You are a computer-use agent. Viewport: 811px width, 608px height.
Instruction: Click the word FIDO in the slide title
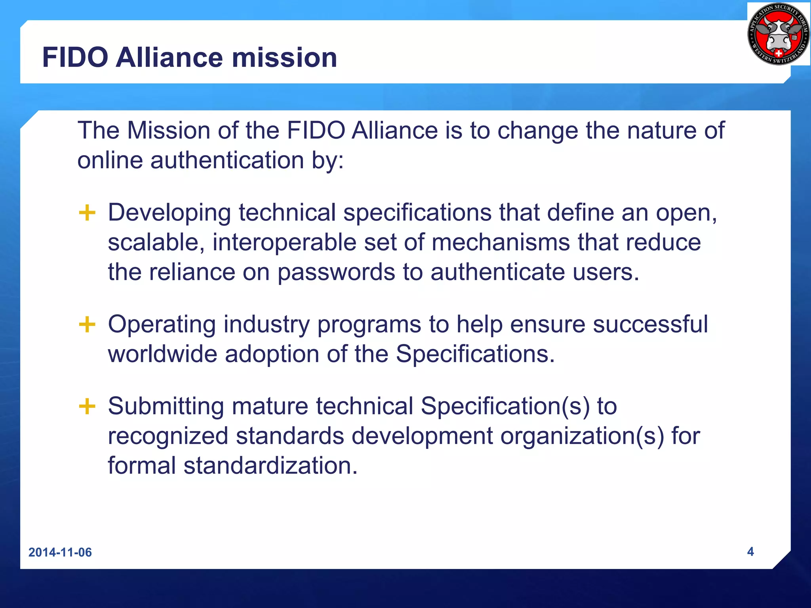point(75,58)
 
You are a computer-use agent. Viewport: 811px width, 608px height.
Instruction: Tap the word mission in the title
point(284,58)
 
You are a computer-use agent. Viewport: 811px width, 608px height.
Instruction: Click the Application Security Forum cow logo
point(778,34)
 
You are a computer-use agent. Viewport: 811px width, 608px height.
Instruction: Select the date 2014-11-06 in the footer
point(60,552)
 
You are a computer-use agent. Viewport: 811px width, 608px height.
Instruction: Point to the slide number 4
point(750,551)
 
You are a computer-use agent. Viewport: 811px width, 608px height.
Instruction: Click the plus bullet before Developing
point(87,213)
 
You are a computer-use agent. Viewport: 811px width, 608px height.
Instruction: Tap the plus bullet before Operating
point(87,325)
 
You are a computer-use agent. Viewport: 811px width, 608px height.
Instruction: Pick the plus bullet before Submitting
point(87,407)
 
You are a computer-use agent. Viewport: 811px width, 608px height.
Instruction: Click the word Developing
point(169,213)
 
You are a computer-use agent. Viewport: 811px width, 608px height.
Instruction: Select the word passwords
point(336,272)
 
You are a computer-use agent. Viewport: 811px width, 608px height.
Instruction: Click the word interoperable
point(284,243)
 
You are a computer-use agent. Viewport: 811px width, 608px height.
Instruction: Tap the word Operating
point(162,325)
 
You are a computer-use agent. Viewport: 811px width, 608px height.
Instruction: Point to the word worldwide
point(162,354)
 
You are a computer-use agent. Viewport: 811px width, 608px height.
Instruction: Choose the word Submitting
point(166,407)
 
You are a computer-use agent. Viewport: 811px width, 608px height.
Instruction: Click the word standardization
point(270,465)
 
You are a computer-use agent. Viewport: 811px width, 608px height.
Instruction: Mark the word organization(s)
point(582,436)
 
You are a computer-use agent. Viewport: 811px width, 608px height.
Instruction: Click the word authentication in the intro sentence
point(227,161)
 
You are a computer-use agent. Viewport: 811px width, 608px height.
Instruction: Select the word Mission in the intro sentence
point(168,131)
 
